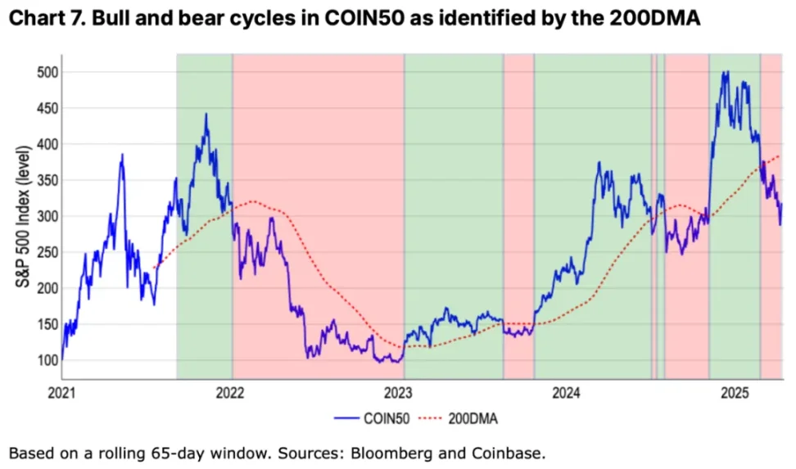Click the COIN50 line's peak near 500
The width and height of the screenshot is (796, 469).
pyautogui.click(x=725, y=72)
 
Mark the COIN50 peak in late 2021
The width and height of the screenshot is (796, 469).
pyautogui.click(x=206, y=115)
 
